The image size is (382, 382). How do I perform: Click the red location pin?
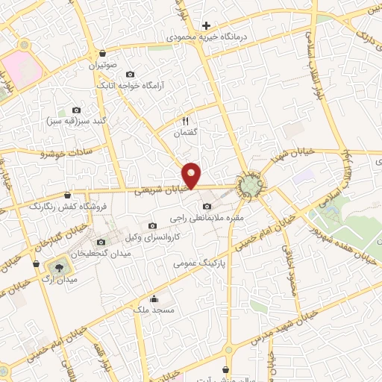tap(192, 175)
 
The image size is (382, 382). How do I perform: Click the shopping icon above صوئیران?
tap(101, 54)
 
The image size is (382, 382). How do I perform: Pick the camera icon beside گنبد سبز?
tap(76, 110)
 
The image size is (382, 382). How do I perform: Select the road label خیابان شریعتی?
tap(158, 191)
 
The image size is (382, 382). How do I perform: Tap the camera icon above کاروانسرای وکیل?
tap(153, 226)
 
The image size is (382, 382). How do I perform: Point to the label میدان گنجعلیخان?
tap(101, 254)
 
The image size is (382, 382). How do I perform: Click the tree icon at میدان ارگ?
tap(57, 265)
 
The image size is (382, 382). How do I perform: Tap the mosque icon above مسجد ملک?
tap(154, 299)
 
